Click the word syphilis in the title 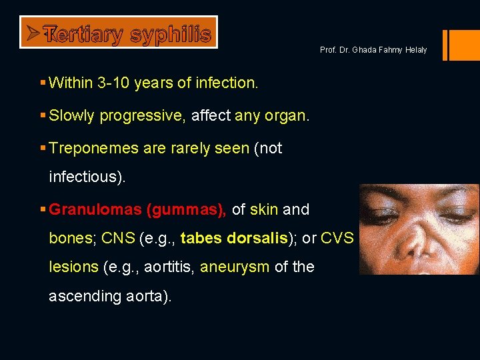171,34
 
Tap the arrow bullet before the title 30,32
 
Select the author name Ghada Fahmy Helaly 391,51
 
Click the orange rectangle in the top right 462,45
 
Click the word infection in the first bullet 225,83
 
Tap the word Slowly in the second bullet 72,116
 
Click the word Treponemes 94,149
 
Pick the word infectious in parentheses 85,178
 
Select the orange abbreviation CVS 337,239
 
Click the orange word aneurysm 235,267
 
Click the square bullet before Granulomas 43,210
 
